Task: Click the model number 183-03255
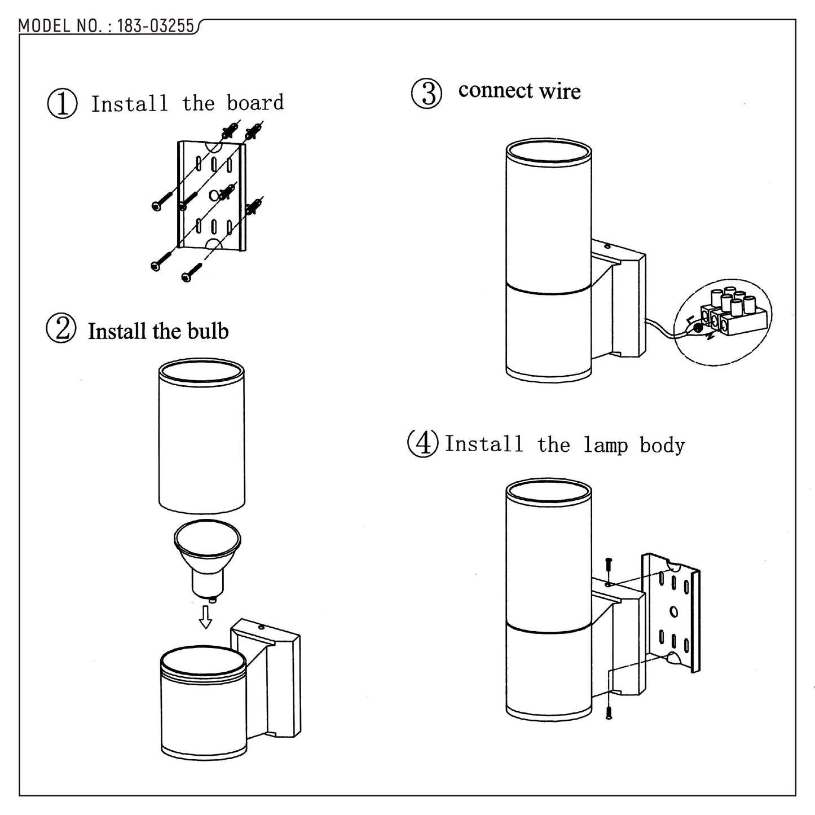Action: pos(155,26)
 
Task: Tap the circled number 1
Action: pos(62,104)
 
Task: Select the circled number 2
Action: pos(61,329)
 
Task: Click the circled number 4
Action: pos(422,443)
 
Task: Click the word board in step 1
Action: pos(255,103)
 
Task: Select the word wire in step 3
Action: pos(560,91)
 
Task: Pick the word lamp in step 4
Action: pos(605,445)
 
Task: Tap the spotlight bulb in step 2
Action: pos(207,556)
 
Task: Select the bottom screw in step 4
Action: pos(609,712)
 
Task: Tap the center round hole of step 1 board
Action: pos(213,195)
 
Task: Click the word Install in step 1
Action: pos(130,104)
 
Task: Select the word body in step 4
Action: pos(662,446)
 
